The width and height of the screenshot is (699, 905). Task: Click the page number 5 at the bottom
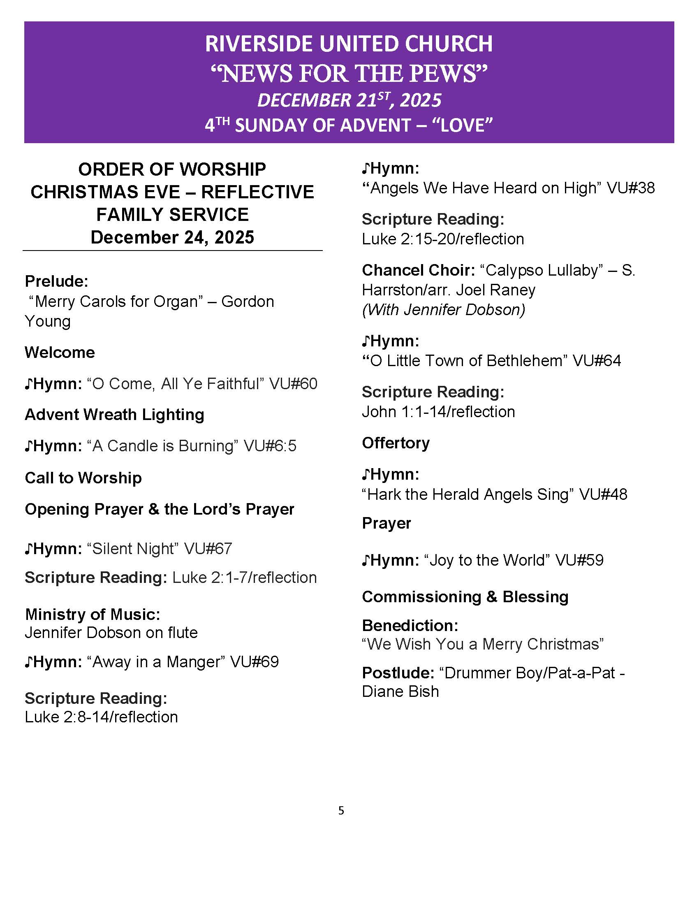[x=341, y=810]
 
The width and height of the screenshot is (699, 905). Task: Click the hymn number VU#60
[x=293, y=384]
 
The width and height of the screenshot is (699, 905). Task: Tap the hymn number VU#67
[x=208, y=549]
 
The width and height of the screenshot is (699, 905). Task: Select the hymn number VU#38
[x=631, y=188]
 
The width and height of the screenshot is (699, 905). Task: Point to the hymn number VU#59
[x=579, y=560]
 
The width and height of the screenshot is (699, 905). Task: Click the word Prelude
[x=56, y=281]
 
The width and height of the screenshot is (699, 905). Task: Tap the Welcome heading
[x=60, y=353]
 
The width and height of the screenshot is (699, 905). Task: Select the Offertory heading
[x=396, y=443]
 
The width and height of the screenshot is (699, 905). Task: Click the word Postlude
[x=398, y=673]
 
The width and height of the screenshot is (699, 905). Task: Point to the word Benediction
[x=410, y=625]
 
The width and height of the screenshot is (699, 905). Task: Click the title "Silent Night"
[x=133, y=549]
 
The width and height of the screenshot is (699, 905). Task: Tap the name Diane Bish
[x=400, y=692]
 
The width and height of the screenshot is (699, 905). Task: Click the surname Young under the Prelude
[x=48, y=322]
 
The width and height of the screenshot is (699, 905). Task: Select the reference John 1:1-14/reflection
[x=438, y=412]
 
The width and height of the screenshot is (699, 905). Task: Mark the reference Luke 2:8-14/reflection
[x=101, y=717]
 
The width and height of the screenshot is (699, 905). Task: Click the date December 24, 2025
[x=172, y=237]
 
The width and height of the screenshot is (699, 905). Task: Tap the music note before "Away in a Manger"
[x=28, y=663]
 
